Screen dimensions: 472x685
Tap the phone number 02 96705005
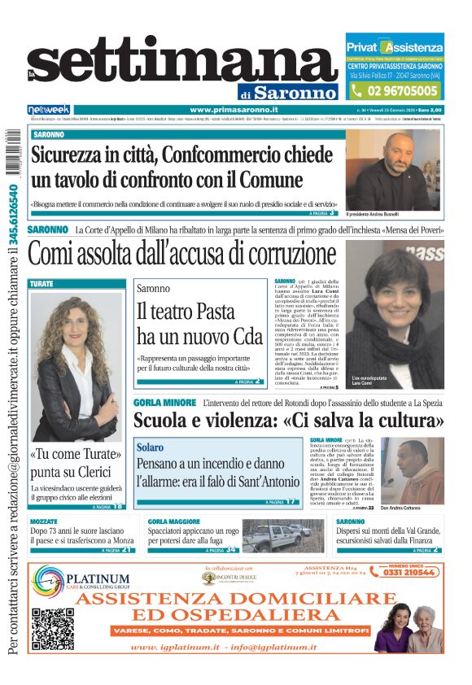[403, 92]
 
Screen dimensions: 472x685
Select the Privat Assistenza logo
[396, 47]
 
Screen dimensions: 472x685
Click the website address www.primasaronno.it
[234, 110]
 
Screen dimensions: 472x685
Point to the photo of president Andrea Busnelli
[393, 170]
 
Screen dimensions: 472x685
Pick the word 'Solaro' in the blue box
[150, 447]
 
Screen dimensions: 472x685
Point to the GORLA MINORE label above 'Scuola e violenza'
[164, 402]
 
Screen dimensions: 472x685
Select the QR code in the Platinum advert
[53, 628]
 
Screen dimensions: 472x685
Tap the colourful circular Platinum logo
[50, 582]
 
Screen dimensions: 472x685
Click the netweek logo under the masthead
[49, 110]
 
